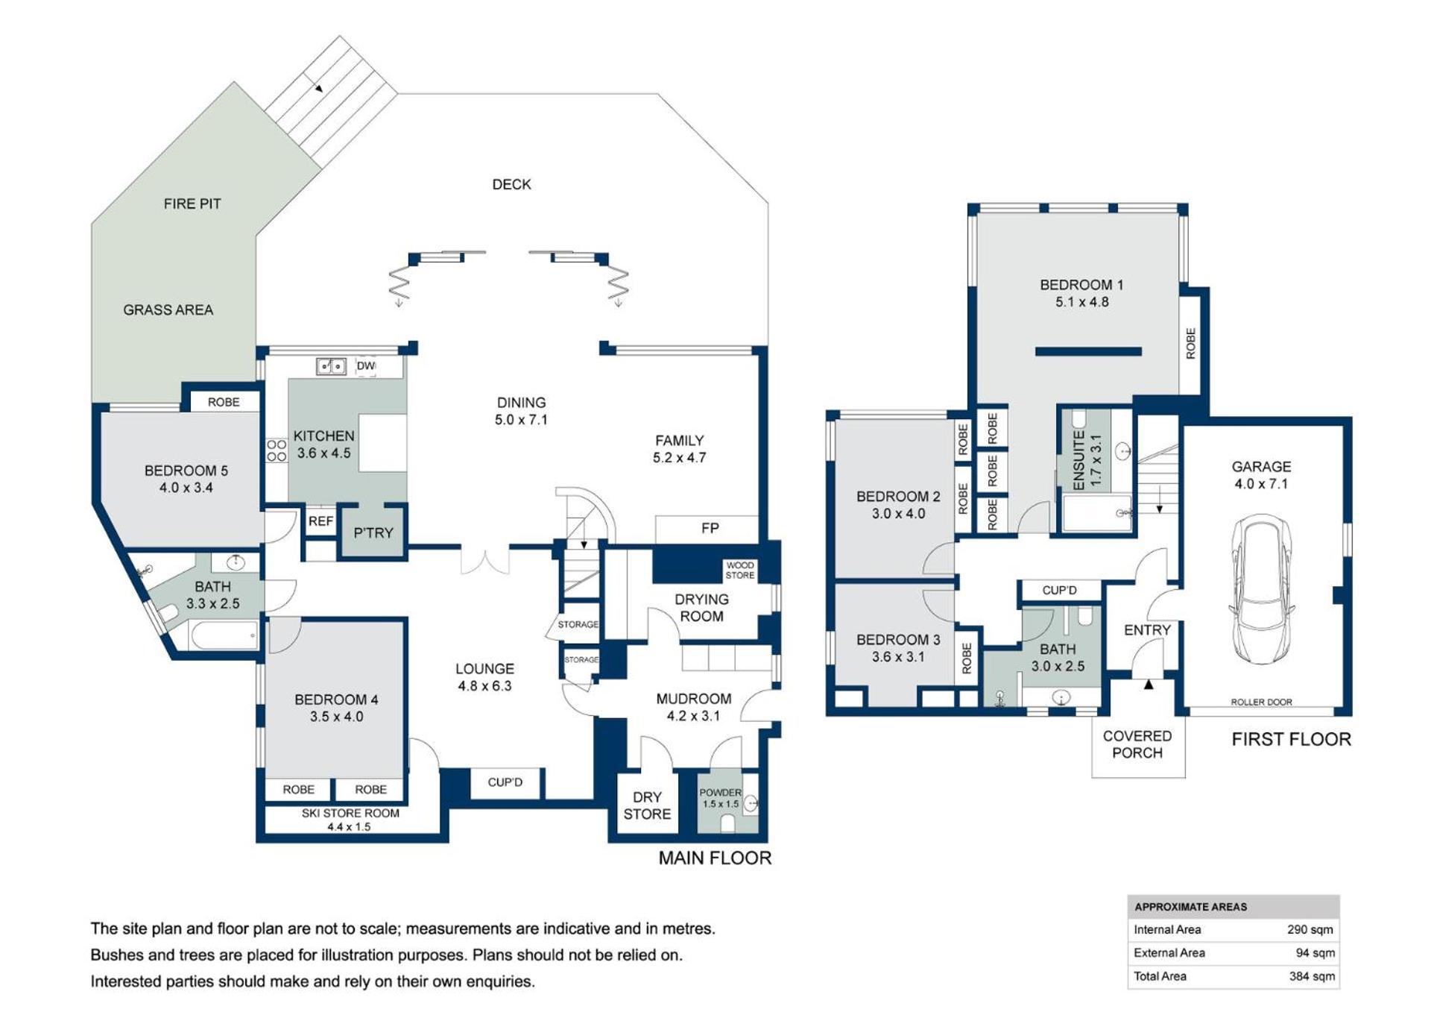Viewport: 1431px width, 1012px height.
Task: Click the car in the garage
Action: [1260, 588]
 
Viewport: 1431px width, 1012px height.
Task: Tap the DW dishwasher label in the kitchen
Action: [365, 365]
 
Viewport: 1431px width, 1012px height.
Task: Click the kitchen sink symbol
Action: [331, 366]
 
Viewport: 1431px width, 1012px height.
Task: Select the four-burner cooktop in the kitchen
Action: [277, 450]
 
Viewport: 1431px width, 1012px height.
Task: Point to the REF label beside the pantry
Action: [320, 521]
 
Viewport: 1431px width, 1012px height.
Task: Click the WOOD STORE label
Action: [739, 571]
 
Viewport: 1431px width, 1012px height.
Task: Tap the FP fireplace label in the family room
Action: [710, 528]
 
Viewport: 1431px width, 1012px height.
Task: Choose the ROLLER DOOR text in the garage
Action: [1261, 702]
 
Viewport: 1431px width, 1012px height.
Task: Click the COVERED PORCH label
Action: [1137, 744]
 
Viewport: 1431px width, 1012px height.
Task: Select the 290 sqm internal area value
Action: [1310, 929]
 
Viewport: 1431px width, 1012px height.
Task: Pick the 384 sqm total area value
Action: [1312, 976]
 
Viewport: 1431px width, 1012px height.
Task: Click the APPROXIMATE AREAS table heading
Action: [1190, 907]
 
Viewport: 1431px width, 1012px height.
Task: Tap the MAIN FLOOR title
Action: [715, 858]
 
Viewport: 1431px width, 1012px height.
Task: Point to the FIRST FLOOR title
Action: [1291, 739]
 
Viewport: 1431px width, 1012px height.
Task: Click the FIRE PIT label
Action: [192, 204]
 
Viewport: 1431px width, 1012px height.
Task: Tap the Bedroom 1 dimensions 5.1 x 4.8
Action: [1081, 302]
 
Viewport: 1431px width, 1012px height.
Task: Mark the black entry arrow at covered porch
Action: [1149, 683]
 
